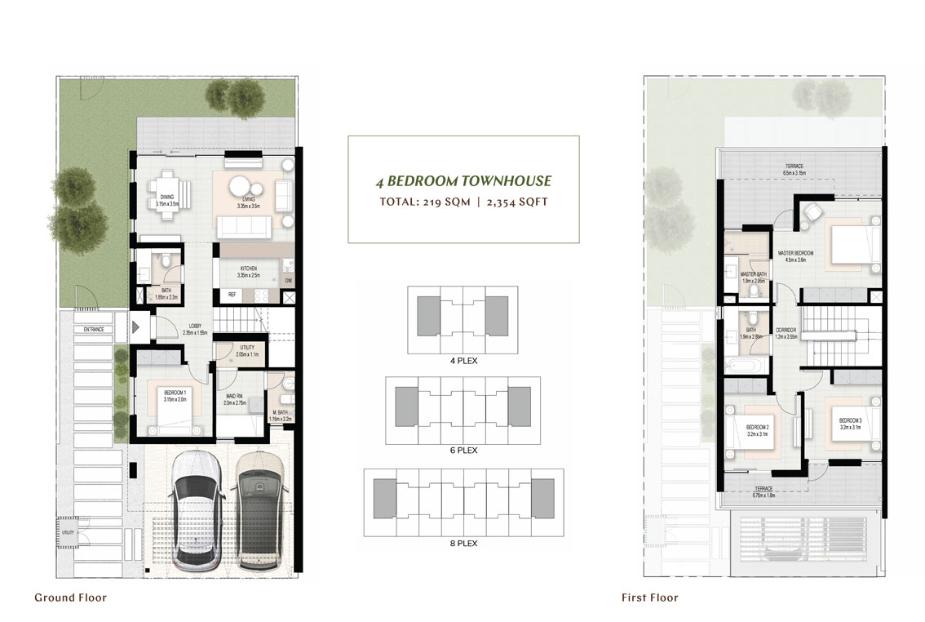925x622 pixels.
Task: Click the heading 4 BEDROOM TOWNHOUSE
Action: tap(463, 181)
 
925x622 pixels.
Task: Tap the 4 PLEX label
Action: tap(463, 360)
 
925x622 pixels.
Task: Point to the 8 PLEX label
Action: tap(463, 542)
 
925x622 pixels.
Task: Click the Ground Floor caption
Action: tap(70, 598)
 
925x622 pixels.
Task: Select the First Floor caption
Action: tap(650, 598)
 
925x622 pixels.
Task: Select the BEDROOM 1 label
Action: tap(176, 394)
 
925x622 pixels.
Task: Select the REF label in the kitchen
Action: tap(232, 295)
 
